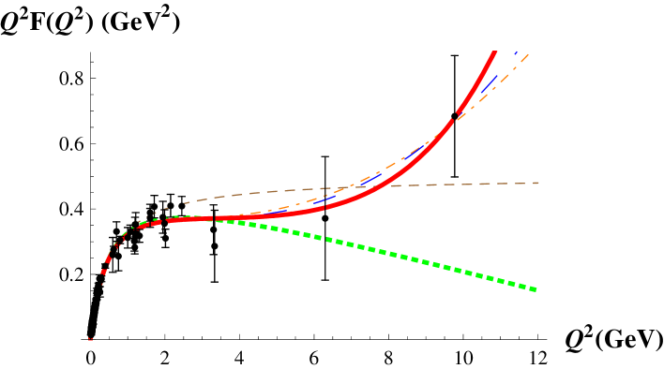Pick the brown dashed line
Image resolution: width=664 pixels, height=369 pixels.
point(450,184)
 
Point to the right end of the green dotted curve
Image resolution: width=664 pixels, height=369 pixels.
point(536,289)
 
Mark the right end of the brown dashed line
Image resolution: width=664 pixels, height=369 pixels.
point(539,183)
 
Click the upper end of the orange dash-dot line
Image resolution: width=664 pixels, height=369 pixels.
point(528,54)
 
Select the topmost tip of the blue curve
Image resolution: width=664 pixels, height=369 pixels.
point(516,52)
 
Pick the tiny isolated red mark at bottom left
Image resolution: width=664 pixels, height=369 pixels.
point(90,339)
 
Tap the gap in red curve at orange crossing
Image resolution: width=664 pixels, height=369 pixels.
point(458,115)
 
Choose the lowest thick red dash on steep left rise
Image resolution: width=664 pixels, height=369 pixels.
point(104,273)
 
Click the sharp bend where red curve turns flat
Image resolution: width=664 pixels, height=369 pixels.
point(141,225)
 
